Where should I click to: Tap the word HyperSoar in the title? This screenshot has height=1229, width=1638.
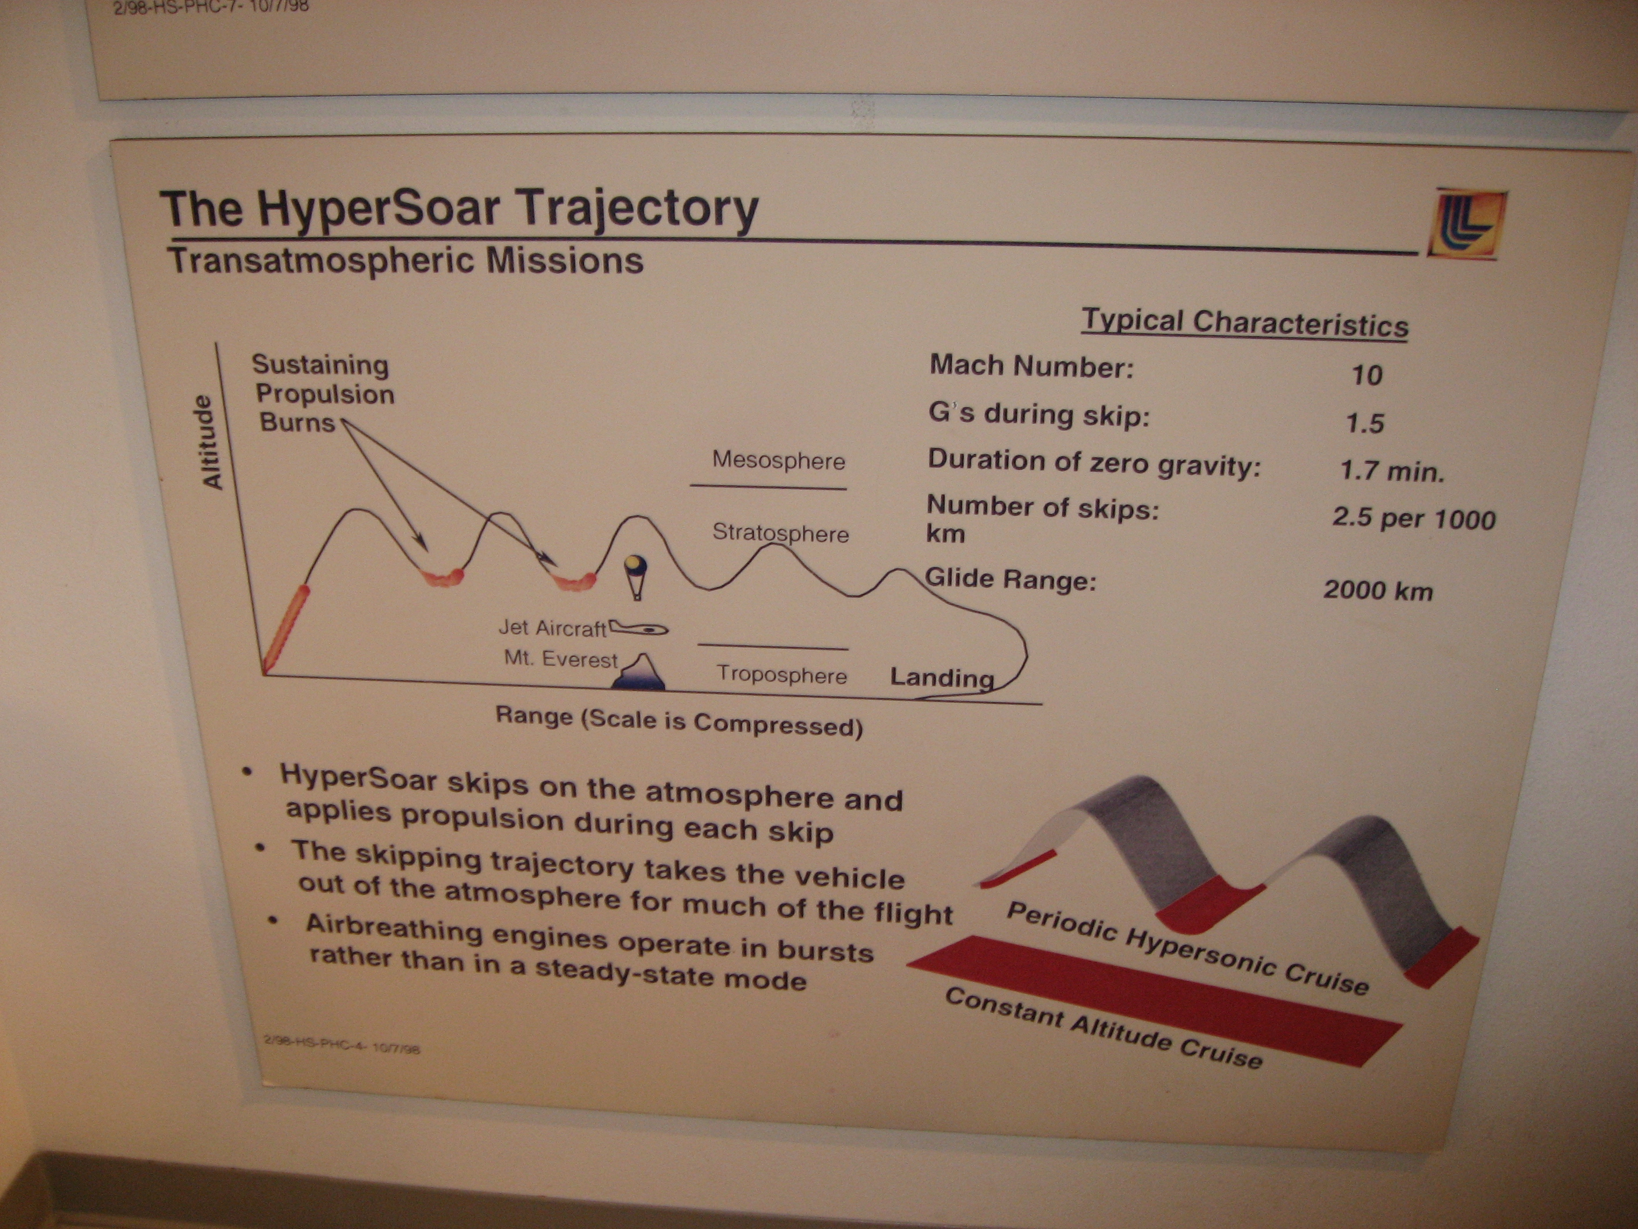click(379, 209)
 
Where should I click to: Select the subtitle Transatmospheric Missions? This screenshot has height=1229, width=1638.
click(405, 261)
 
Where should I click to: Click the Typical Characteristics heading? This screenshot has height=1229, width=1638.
click(1245, 323)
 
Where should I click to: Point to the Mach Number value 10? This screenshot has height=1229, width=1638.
click(1367, 375)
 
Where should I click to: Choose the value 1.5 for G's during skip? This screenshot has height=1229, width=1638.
click(1365, 423)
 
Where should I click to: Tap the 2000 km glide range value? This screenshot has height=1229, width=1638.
click(1378, 591)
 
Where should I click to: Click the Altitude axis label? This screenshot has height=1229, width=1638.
click(212, 442)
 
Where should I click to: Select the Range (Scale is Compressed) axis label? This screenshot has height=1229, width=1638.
click(679, 721)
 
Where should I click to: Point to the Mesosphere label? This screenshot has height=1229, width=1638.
click(778, 460)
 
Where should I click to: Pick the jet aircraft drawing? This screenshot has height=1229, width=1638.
click(638, 629)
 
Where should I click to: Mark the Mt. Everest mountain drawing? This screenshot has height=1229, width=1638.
click(641, 673)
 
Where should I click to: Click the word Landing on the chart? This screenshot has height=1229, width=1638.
click(942, 677)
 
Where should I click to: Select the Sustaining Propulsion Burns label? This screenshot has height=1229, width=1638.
click(323, 393)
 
